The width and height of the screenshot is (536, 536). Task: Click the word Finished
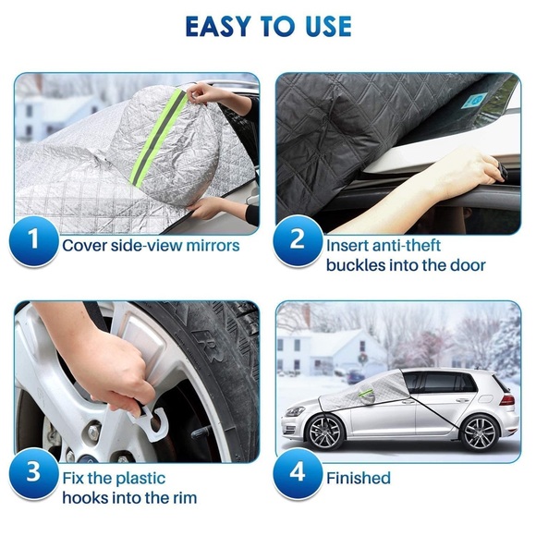pyautogui.click(x=358, y=478)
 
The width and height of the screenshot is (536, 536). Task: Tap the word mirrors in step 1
pyautogui.click(x=209, y=246)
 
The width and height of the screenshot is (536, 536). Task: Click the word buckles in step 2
pyautogui.click(x=354, y=265)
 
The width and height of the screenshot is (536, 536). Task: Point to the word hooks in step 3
pyautogui.click(x=87, y=499)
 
